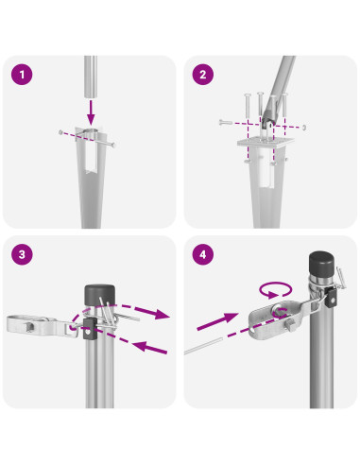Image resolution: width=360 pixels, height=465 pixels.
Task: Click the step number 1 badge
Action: [x=22, y=75]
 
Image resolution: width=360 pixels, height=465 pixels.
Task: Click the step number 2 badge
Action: [x=203, y=75]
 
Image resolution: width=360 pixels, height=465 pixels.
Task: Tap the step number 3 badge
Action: [x=22, y=254]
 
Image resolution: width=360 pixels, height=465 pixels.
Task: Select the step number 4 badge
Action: [x=203, y=254]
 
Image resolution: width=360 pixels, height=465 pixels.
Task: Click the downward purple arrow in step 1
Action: [x=91, y=112]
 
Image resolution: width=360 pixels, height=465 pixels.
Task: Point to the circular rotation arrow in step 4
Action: [x=276, y=289]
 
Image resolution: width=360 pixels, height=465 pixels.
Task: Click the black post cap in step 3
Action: [x=99, y=295]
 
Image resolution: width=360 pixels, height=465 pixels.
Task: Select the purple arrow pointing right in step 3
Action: [x=139, y=310]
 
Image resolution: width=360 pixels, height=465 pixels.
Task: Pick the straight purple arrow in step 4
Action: [x=217, y=321]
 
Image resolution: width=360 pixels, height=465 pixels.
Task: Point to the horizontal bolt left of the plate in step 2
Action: [x=226, y=122]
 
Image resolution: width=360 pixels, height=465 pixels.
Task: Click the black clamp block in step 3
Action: [x=90, y=329]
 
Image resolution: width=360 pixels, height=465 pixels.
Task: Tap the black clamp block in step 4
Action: [x=331, y=298]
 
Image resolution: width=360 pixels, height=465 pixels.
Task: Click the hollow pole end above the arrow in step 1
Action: [x=91, y=77]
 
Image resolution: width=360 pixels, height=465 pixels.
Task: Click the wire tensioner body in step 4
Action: [x=273, y=320]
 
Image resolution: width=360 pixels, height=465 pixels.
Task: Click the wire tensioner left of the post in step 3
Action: [x=41, y=326]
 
